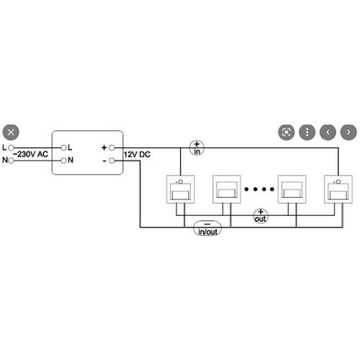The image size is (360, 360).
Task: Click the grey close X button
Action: pyautogui.click(x=11, y=132)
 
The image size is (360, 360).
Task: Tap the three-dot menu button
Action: pyautogui.click(x=307, y=132)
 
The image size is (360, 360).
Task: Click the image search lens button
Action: pyautogui.click(x=287, y=132)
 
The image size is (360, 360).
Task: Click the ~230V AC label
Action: pyautogui.click(x=30, y=154)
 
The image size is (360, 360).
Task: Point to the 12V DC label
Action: pyautogui.click(x=137, y=154)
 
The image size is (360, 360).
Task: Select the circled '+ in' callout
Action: pyautogui.click(x=197, y=148)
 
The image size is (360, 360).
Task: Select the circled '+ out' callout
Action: pyautogui.click(x=261, y=216)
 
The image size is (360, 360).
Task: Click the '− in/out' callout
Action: pyautogui.click(x=207, y=228)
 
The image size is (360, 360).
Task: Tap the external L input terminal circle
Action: pyautogui.click(x=11, y=148)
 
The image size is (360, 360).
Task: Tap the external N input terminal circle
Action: pyautogui.click(x=11, y=161)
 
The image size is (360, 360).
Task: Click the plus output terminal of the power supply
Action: pyautogui.click(x=112, y=148)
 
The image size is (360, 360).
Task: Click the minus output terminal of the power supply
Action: pyautogui.click(x=112, y=161)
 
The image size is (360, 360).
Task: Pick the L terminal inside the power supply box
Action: pyautogui.click(x=63, y=148)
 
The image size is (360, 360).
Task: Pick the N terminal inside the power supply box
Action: pyautogui.click(x=63, y=161)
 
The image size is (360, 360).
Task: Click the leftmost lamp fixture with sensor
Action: pyautogui.click(x=181, y=189)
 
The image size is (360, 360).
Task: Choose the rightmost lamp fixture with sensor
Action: pyautogui.click(x=338, y=189)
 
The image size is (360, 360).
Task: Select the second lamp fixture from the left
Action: pyautogui.click(x=227, y=189)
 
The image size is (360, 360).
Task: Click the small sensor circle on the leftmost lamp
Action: pyautogui.click(x=181, y=181)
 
